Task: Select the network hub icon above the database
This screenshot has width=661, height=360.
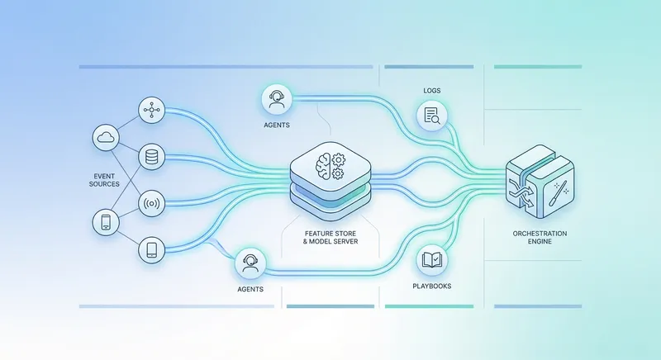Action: (x=152, y=111)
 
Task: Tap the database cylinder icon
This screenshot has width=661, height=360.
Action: (x=152, y=157)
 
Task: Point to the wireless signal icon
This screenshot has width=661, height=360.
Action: (x=152, y=202)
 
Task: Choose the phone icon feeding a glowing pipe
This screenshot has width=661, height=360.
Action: (x=152, y=249)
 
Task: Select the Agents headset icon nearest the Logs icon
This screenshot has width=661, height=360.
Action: (x=276, y=100)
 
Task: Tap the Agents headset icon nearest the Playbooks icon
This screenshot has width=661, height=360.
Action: (x=250, y=263)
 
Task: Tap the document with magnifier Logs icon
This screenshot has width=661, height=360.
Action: (x=431, y=116)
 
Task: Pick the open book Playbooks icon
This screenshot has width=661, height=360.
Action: (x=431, y=260)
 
